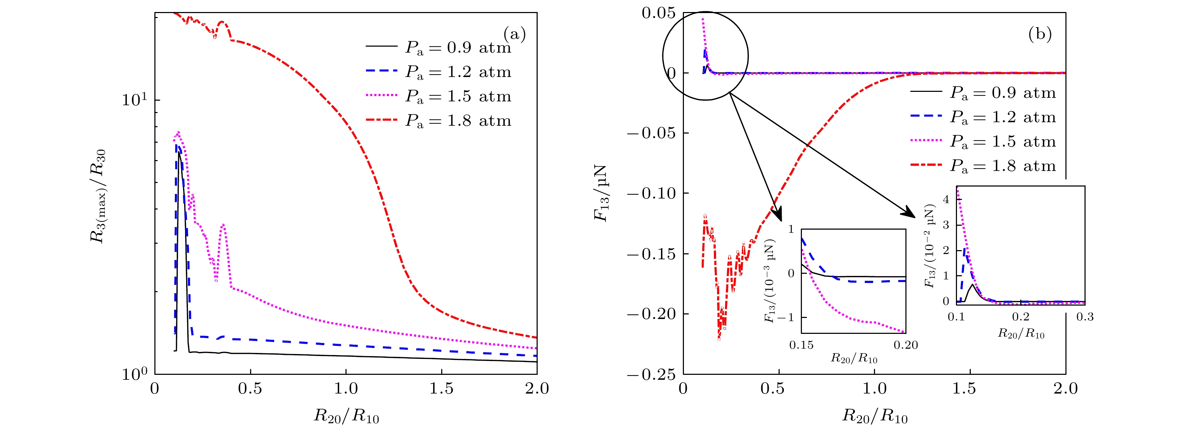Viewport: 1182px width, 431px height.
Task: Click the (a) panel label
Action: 514,34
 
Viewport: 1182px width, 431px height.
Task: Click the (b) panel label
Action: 1040,34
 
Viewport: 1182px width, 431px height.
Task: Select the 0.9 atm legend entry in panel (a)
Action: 438,47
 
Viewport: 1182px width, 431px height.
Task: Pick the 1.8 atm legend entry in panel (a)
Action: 438,121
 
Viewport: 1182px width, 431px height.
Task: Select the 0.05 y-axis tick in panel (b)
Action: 658,13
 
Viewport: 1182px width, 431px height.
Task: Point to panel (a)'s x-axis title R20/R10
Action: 347,416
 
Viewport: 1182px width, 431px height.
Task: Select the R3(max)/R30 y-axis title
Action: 98,196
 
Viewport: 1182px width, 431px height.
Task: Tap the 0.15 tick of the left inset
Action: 801,345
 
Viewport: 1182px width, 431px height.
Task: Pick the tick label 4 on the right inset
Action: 946,200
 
